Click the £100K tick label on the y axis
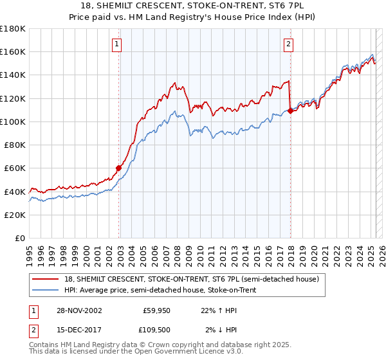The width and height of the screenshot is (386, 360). (13, 122)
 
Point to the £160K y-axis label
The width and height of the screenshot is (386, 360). (13, 51)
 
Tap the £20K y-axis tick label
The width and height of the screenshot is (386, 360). (15, 215)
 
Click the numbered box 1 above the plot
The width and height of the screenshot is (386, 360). (116, 44)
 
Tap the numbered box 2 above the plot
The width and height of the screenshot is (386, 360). (288, 44)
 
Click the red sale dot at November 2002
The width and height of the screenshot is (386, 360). (119, 168)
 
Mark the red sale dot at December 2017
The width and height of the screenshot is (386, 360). (290, 111)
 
